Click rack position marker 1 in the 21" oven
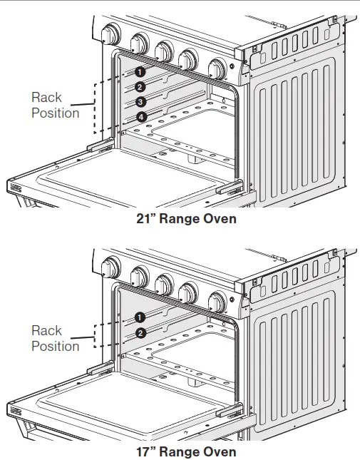click(140, 71)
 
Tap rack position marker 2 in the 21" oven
click(140, 87)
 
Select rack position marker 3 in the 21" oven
click(140, 102)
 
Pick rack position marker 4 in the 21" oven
click(140, 117)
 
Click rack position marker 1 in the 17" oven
click(140, 317)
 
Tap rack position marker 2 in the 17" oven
click(140, 332)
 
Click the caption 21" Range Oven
click(186, 219)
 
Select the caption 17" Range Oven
click(186, 451)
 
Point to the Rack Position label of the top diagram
click(55, 105)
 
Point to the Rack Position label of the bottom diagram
click(55, 338)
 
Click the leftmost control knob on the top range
click(111, 34)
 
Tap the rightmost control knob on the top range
click(215, 68)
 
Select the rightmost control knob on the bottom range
click(215, 301)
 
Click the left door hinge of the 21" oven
click(100, 145)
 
